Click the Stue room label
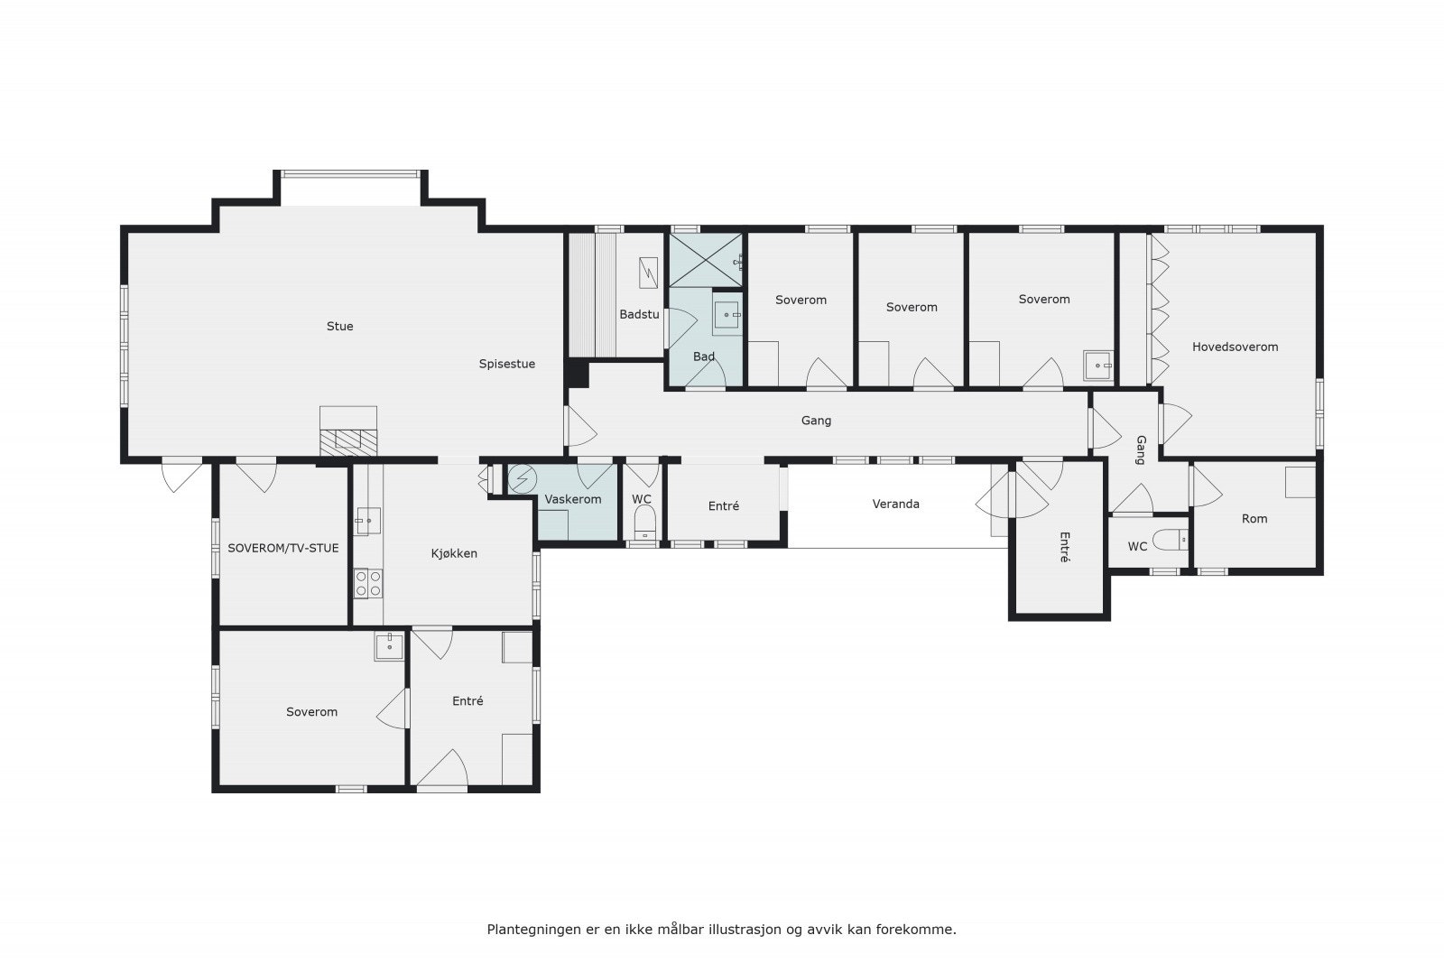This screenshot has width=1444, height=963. point(339,327)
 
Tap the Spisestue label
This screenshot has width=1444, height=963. point(506,365)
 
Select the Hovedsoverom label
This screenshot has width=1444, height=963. point(1235,347)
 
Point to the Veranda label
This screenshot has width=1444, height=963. point(895,504)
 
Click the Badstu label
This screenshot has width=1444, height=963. point(639,315)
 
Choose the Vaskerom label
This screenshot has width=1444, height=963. point(572,499)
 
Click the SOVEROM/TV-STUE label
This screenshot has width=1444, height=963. point(282,548)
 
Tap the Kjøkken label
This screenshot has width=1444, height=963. point(454,553)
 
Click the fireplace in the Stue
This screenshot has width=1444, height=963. point(348,439)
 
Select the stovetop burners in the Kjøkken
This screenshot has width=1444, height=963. point(367,583)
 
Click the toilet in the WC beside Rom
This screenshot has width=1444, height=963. point(1171,540)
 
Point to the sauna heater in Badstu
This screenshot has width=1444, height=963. point(648,273)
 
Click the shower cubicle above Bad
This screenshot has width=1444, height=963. point(706,260)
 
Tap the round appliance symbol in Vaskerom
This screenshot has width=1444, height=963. point(522,479)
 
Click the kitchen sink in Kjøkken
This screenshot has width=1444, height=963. point(367,521)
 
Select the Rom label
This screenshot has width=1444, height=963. point(1254,519)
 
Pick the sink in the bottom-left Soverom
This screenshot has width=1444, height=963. point(389,646)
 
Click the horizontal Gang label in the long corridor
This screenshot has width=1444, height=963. point(816,421)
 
